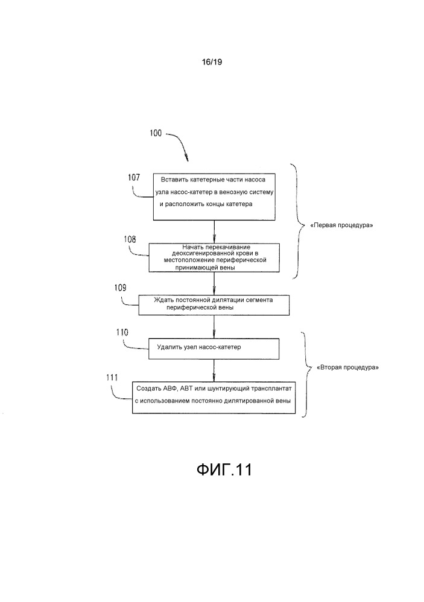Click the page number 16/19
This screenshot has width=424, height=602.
[x=213, y=61]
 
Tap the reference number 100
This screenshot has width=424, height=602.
[x=155, y=133]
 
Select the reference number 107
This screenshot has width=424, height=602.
[x=134, y=178]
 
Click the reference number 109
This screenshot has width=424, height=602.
[x=119, y=288]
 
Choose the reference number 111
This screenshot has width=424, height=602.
[x=112, y=377]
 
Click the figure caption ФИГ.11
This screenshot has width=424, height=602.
[x=223, y=469]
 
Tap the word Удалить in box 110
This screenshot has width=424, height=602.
[x=169, y=348]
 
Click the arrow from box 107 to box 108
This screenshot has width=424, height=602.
[x=214, y=231]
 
